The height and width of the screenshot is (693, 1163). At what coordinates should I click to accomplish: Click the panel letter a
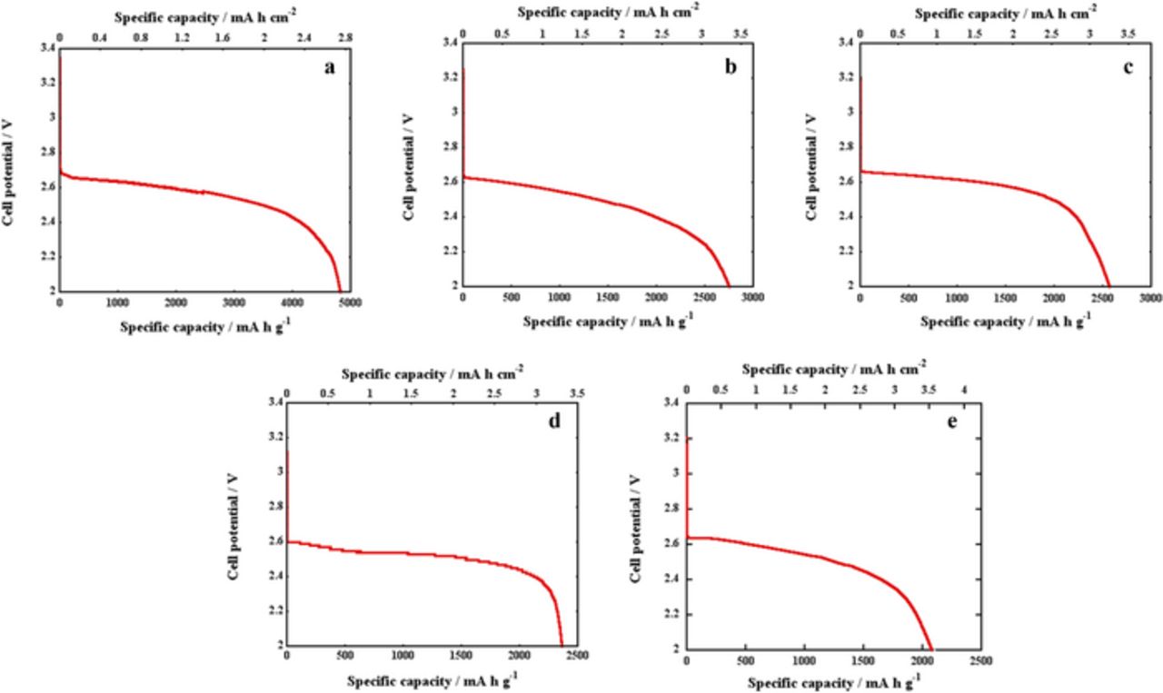tap(330, 68)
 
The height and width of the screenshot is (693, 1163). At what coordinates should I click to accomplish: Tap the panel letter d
tap(554, 420)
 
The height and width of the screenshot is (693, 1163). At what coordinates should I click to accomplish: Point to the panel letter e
tap(952, 421)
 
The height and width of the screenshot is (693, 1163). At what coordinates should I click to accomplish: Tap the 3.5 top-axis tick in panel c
tap(1127, 33)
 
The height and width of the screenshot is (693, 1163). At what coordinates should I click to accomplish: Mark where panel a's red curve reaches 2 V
tap(341, 290)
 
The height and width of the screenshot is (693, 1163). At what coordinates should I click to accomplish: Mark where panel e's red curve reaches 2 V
tap(930, 648)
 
